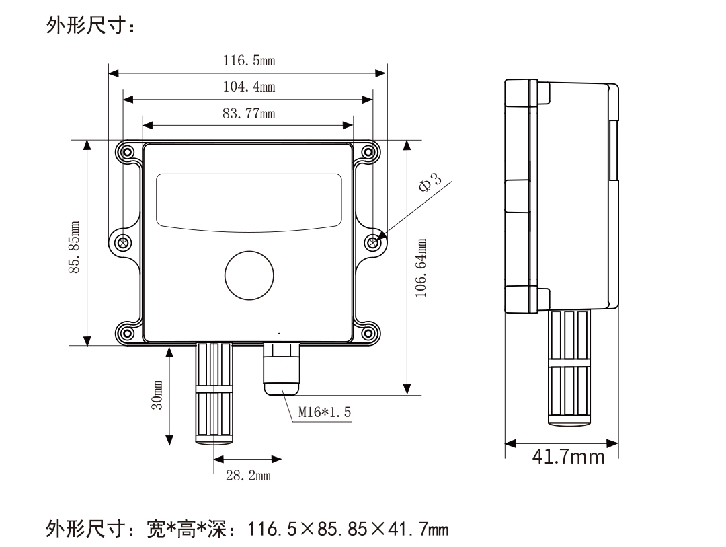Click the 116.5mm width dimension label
point(249,61)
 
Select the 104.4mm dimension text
point(249,87)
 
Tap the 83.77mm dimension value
point(249,113)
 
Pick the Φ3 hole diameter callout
point(431,183)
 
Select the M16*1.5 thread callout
point(325,412)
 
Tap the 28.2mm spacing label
point(248,476)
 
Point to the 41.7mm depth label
point(568,458)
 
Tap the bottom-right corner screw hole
point(368,332)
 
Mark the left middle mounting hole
point(124,242)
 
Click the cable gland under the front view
point(282,369)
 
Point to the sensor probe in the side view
point(571,367)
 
